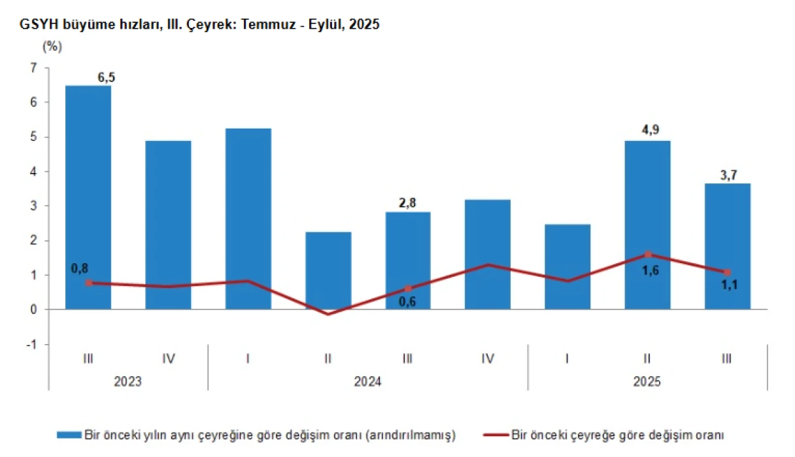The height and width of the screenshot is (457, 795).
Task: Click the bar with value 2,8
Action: [x=408, y=260]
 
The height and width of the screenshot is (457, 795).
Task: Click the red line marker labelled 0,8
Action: [x=89, y=283]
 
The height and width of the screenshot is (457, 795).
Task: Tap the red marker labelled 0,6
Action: [x=408, y=289]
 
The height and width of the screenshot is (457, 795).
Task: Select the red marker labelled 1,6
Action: [x=648, y=255]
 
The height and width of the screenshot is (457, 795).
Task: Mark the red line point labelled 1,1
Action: [x=727, y=272]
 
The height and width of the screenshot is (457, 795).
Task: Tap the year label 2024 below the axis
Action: [x=367, y=381]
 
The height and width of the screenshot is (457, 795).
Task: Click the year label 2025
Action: [x=647, y=381]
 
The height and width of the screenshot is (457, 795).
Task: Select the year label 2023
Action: [x=128, y=381]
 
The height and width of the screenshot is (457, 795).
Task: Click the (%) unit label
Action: [x=52, y=47]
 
